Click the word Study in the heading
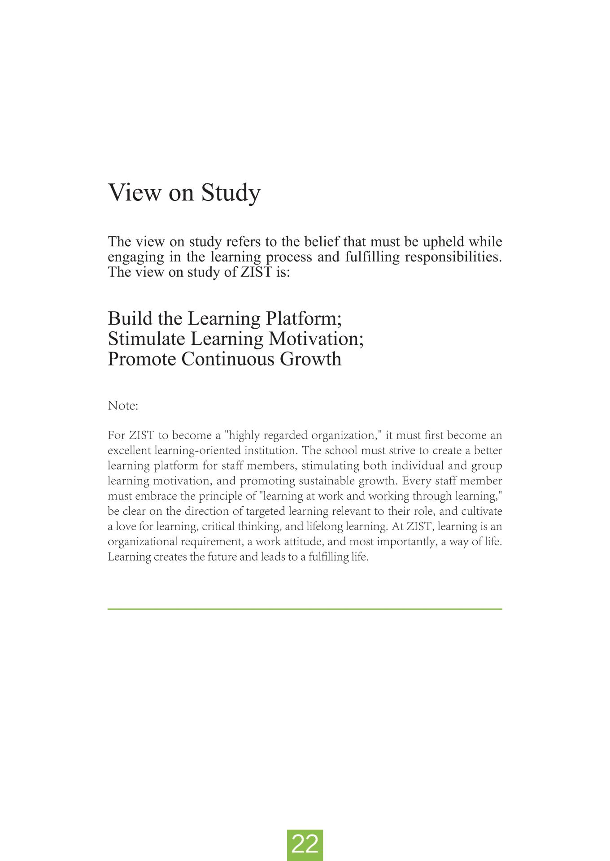pos(231,193)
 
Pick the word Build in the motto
pos(128,318)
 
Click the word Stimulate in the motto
pos(147,339)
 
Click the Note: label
pos(123,406)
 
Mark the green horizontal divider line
pos(305,609)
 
